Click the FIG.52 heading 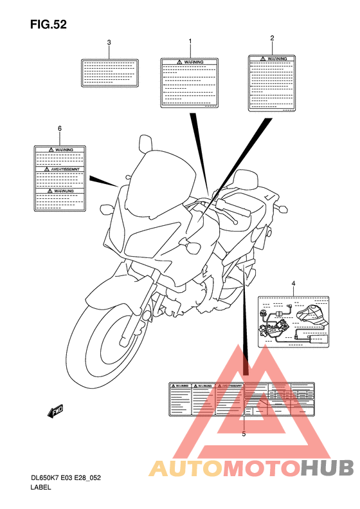[48, 25]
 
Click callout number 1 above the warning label [190, 41]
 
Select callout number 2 [272, 38]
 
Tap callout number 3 [109, 42]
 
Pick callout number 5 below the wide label [244, 434]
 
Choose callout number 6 [60, 128]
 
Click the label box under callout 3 [109, 73]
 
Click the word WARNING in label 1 [194, 62]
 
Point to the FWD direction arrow [56, 410]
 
